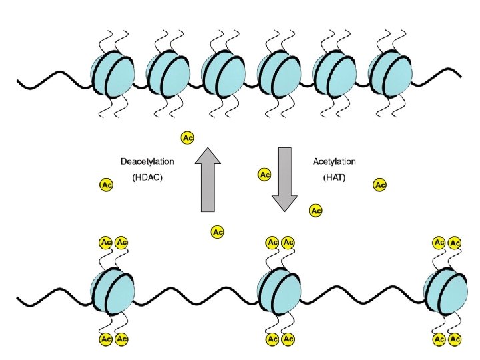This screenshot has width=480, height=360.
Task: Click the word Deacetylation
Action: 147,162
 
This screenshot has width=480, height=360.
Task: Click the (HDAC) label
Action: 147,178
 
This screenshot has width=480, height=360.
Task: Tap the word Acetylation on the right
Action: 334,162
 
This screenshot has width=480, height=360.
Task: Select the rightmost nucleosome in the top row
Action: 390,73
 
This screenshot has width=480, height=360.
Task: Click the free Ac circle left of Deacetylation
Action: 105,184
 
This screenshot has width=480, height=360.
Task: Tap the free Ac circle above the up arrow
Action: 188,137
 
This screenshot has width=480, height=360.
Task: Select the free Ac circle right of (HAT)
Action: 380,185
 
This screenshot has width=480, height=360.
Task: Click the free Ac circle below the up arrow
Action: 217,232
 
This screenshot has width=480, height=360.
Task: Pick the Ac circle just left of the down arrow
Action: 264,175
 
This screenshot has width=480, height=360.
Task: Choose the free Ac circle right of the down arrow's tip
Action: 316,211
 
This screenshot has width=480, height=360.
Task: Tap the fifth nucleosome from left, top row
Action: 335,73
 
